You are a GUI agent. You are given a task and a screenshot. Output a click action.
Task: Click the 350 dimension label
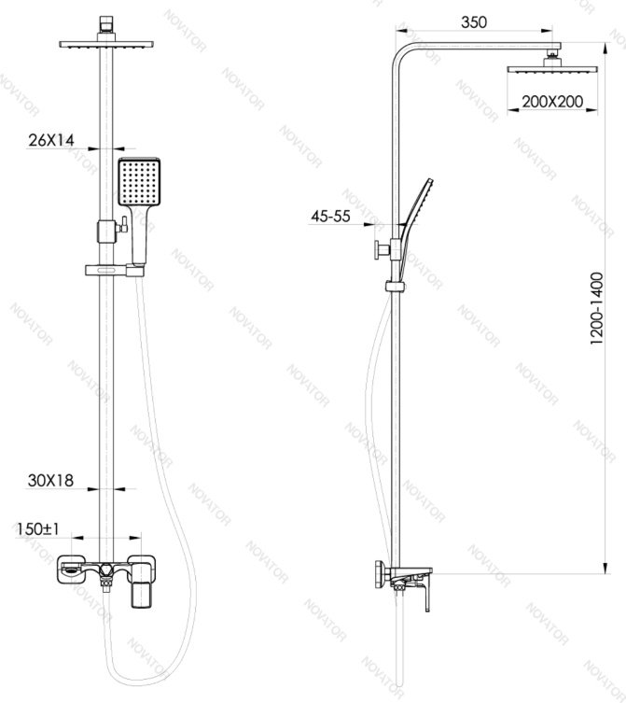tap(474, 22)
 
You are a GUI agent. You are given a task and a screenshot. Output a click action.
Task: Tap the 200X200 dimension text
tap(552, 102)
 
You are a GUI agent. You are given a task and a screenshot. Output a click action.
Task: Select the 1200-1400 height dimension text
tap(597, 308)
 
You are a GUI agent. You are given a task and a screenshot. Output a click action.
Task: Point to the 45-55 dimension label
tap(330, 216)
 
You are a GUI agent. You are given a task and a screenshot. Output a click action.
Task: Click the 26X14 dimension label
tap(51, 140)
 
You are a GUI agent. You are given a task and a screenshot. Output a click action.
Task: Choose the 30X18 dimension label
tap(50, 481)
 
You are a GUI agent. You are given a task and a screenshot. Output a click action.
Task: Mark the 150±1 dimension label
tap(38, 528)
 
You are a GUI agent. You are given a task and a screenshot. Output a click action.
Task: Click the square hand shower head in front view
tap(139, 181)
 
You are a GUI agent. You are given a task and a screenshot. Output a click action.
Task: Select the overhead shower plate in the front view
tap(106, 44)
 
